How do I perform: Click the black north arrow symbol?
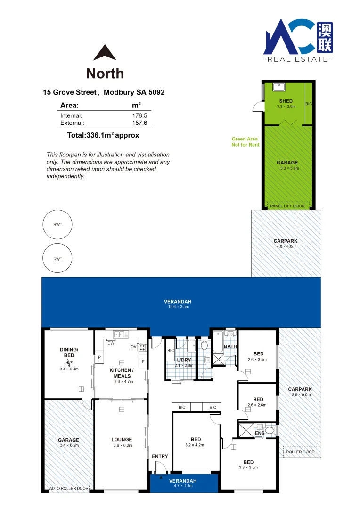pos(105,53)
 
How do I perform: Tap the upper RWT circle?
pos(57,225)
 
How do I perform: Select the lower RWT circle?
pos(57,259)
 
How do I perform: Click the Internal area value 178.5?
pos(140,115)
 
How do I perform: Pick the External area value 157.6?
pos(140,123)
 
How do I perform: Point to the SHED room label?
pos(286,101)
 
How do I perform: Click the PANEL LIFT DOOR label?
pos(287,206)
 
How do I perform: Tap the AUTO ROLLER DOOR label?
pos(69,489)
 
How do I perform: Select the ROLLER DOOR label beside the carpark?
pos(300,452)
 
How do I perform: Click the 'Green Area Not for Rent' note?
pos(245,142)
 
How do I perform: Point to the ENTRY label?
pos(160,456)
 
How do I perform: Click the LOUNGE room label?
pos(122,439)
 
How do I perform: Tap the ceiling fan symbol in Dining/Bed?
pos(69,362)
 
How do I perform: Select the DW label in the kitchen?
pos(111,343)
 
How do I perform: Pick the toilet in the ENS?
pos(269,430)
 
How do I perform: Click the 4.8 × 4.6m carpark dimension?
pos(286,246)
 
